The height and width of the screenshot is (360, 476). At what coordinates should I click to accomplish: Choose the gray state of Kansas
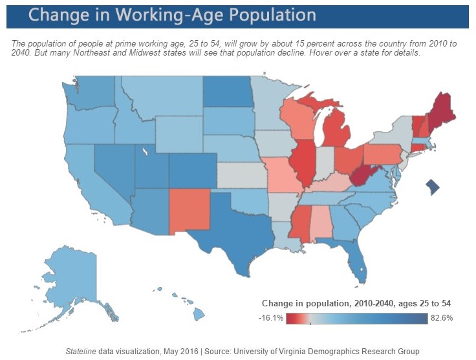point(241,174)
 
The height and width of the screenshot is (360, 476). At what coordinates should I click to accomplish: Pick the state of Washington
point(90,96)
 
